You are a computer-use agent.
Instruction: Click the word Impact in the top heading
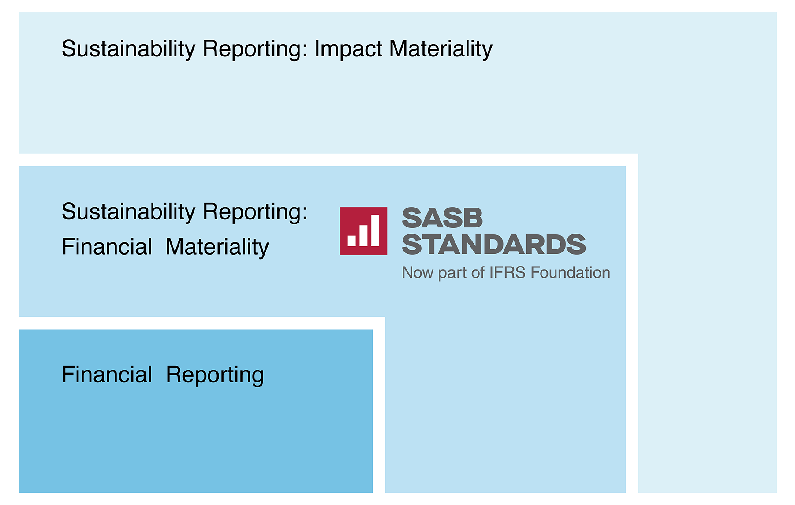348,49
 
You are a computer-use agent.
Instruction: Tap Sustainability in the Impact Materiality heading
128,49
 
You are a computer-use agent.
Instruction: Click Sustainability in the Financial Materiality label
128,212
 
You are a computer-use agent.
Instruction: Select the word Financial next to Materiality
107,247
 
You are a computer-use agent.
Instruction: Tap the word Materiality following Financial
217,247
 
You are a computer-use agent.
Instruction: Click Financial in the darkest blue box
107,375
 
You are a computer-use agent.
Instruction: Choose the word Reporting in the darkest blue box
215,375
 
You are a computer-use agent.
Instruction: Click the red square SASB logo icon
363,231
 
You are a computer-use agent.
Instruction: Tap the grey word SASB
442,218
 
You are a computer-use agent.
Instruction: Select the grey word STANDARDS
494,245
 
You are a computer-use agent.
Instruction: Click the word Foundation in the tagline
571,272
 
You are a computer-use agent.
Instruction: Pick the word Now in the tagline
418,272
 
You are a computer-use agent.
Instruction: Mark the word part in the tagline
452,274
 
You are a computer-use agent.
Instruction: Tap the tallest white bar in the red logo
375,230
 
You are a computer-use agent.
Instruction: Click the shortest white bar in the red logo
352,241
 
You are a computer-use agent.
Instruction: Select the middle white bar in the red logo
363,236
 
